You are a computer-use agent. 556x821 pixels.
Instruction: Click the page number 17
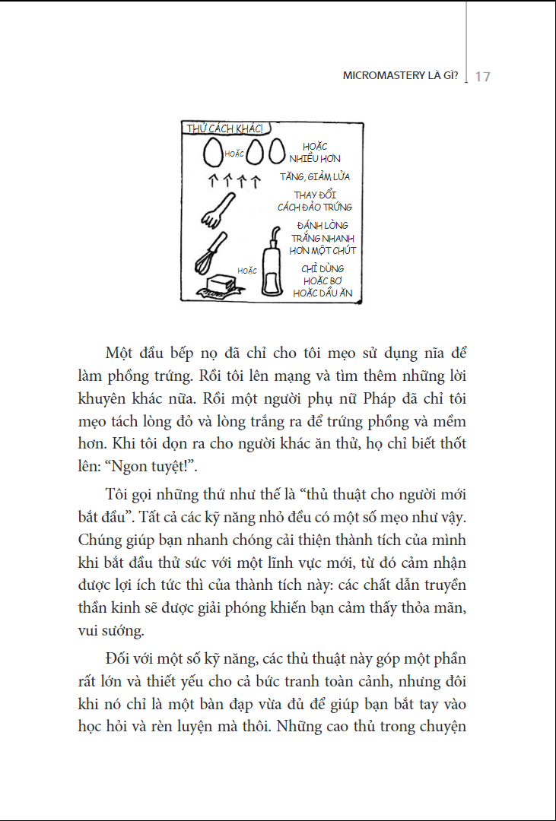[x=482, y=77]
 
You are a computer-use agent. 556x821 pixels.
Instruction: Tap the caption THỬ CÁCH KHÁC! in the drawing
[x=225, y=128]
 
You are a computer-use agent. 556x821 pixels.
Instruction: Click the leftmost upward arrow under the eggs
[x=214, y=181]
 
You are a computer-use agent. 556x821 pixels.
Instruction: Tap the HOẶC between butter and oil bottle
[x=246, y=270]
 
